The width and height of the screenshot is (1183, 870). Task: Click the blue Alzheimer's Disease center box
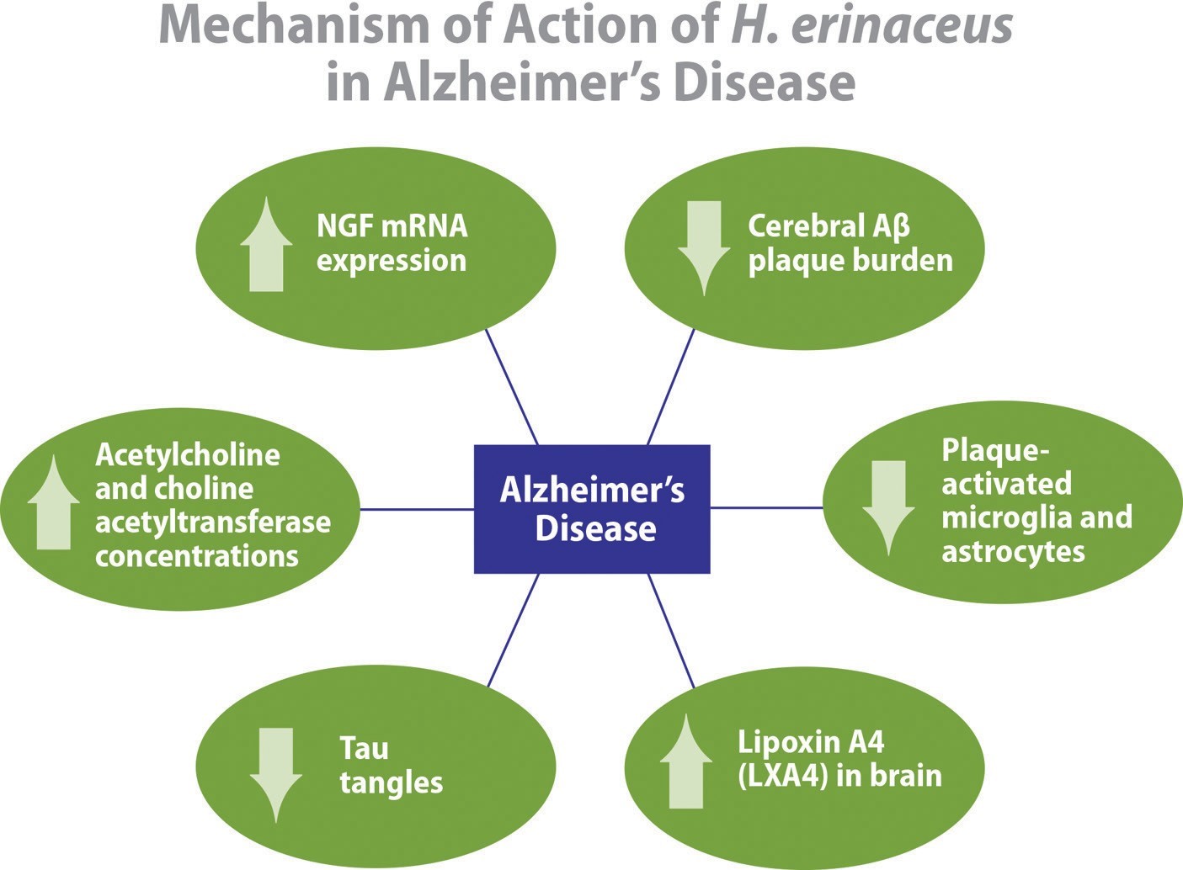pyautogui.click(x=592, y=509)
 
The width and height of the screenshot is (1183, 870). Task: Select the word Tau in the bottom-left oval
pyautogui.click(x=364, y=747)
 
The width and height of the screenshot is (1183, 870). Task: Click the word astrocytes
pyautogui.click(x=1013, y=552)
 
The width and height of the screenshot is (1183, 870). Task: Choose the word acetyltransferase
pyautogui.click(x=212, y=523)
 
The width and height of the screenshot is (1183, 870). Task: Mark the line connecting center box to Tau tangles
pyautogui.click(x=513, y=630)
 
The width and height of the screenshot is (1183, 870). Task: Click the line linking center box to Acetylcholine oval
pyautogui.click(x=417, y=509)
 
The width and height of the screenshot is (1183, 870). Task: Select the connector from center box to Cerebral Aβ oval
pyautogui.click(x=670, y=386)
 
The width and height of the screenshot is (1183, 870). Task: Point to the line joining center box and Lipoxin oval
pyautogui.click(x=671, y=630)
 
